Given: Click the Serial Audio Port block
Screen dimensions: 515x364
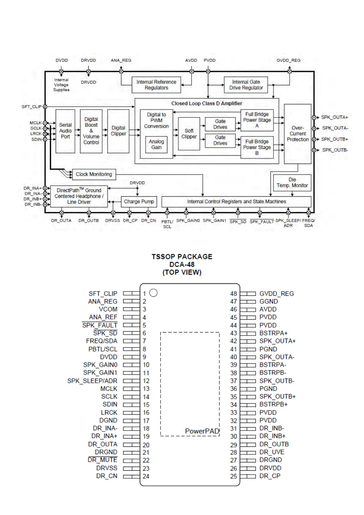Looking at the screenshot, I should coord(65,131).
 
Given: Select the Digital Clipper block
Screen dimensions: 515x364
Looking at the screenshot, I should coord(118,131).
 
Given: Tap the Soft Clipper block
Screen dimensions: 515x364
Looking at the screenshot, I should coord(189,134).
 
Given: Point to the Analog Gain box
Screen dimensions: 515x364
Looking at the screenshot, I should coord(156,144).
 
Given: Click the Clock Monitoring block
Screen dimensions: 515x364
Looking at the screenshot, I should coord(94,174).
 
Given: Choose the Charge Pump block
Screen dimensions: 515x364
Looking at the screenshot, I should coord(139,202).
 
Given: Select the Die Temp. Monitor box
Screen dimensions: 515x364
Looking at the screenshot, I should coord(292,183).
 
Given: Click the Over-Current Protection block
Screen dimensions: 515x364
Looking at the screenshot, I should coord(298,134).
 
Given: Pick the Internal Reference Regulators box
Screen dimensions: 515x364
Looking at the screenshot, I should coord(156,85).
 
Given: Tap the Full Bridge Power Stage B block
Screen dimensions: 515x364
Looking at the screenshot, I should coord(257,147).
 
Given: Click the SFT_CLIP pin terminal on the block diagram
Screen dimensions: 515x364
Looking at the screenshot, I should coord(45,107).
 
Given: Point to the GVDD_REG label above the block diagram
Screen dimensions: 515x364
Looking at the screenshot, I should coord(288,60).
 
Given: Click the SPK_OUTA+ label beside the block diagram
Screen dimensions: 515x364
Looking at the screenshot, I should coord(334,117).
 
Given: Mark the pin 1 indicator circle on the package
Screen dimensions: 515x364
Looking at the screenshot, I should coord(154,293).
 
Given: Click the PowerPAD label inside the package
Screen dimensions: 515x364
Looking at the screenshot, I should coord(202,431).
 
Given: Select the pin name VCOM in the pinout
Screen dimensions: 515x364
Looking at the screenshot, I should coord(108,309).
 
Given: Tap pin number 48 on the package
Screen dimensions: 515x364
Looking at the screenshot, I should coord(233,294).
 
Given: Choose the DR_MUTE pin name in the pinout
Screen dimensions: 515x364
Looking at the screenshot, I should coord(102,460).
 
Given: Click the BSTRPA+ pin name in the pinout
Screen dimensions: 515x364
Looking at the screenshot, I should coord(273,333).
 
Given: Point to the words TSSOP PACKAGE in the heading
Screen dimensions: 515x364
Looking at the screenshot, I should coord(182,257).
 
